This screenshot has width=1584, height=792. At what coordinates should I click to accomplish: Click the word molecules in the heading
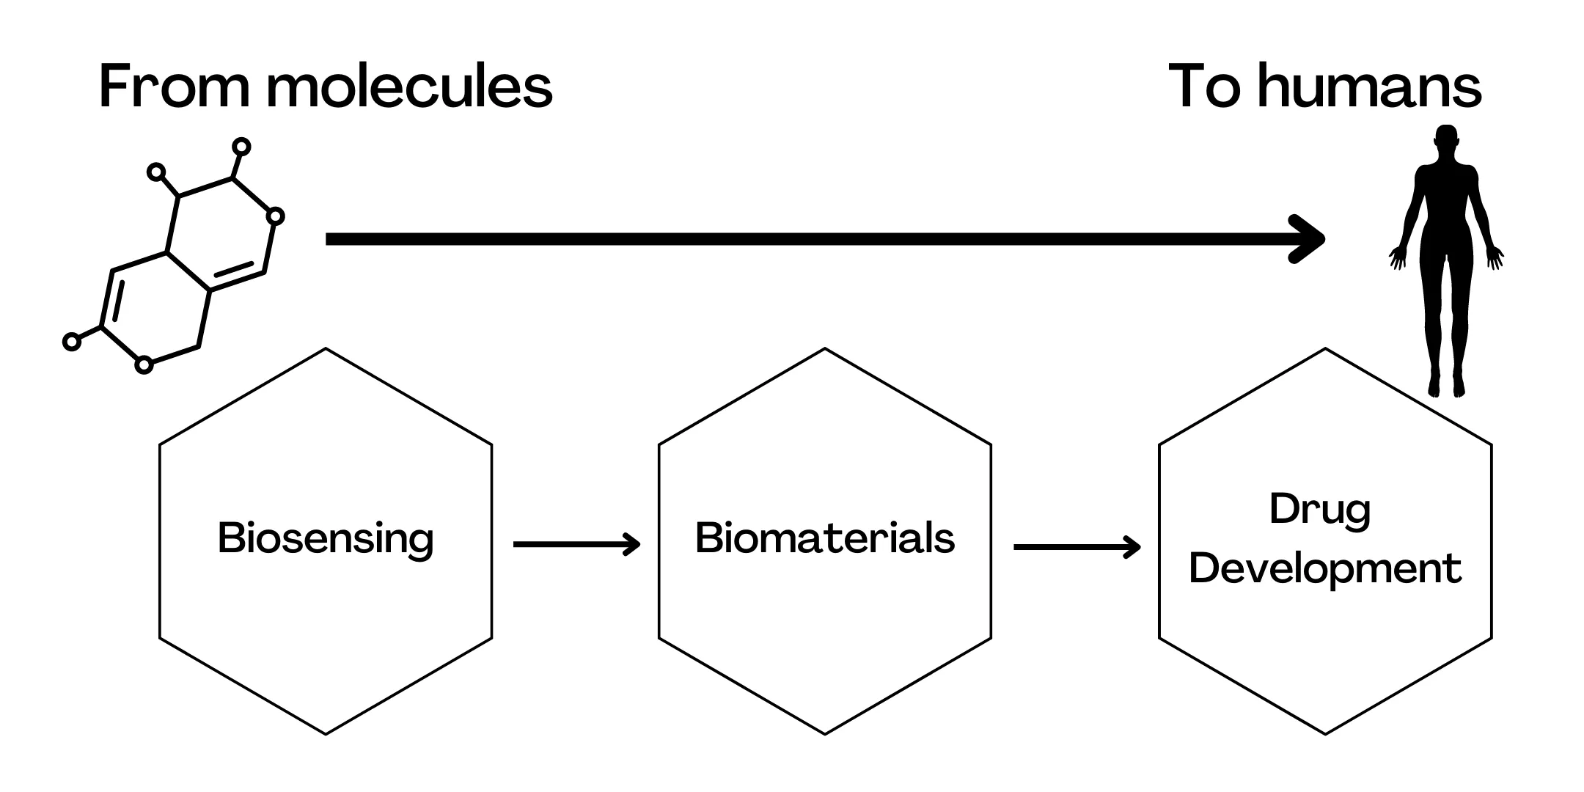[x=408, y=87]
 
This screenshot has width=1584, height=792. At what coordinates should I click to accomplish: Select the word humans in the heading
[x=1370, y=87]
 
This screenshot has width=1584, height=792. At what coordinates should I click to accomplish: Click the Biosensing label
[x=326, y=539]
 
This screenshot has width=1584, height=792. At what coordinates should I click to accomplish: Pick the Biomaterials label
[x=825, y=538]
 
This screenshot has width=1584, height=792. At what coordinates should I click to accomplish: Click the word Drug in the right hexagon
[x=1320, y=509]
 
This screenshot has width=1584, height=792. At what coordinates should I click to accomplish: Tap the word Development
[x=1325, y=569]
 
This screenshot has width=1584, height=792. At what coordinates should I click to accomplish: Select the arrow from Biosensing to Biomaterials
[x=576, y=544]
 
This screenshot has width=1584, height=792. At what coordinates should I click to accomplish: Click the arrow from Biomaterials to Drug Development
[x=1077, y=546]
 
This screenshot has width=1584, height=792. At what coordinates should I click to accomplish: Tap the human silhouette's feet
[x=1445, y=386]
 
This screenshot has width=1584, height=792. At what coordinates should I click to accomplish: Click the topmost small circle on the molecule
[x=241, y=147]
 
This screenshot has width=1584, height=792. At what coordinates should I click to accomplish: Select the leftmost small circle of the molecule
[x=71, y=341]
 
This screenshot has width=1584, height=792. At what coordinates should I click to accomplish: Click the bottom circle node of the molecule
[x=144, y=364]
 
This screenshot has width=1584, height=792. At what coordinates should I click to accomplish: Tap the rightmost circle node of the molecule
[x=275, y=216]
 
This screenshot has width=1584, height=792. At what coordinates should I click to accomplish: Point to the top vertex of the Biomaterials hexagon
[x=825, y=349]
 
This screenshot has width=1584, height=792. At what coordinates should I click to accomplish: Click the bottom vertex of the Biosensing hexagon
[x=326, y=733]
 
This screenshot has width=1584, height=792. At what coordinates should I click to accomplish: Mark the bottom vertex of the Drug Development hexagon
[x=1325, y=733]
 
